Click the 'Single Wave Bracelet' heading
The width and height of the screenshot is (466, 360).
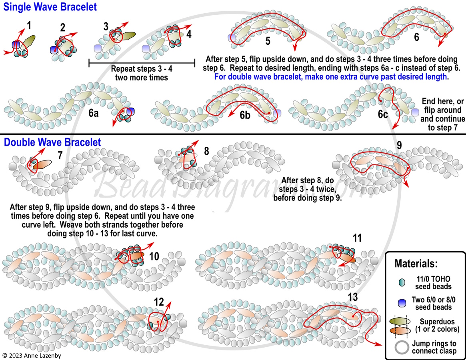[50, 7]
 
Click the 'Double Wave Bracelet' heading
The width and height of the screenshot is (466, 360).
[52, 142]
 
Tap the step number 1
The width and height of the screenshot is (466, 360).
[29, 26]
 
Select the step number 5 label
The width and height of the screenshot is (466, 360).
[268, 41]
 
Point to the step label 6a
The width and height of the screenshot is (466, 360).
[93, 113]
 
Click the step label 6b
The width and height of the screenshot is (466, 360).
[245, 115]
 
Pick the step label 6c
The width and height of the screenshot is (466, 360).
[383, 114]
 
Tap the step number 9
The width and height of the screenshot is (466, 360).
[399, 145]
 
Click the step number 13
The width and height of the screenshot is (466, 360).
[353, 297]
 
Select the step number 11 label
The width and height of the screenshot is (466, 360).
[357, 238]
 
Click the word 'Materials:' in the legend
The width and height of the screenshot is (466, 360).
[416, 263]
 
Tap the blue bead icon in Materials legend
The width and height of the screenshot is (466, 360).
[402, 303]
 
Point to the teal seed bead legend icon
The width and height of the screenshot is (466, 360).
[402, 282]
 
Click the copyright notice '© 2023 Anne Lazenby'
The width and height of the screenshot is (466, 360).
[32, 356]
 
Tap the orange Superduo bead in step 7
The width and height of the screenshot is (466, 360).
[42, 164]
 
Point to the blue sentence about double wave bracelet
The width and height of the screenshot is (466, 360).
[331, 77]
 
